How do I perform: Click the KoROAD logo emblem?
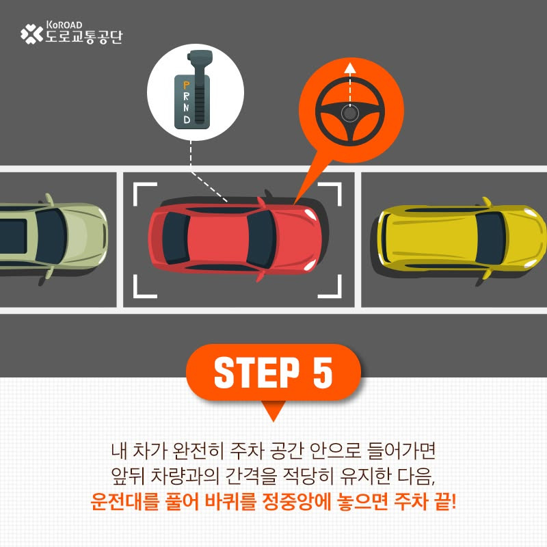(x=31, y=34)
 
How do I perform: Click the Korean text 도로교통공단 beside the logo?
(x=84, y=37)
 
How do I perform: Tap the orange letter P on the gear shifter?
(x=187, y=85)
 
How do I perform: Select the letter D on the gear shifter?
(x=187, y=120)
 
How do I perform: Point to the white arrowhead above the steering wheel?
(x=350, y=68)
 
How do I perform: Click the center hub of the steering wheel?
(x=350, y=114)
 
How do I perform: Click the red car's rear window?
(x=176, y=238)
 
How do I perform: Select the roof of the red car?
(x=218, y=238)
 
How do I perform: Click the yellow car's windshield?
(x=490, y=238)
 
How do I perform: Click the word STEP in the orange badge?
(x=257, y=373)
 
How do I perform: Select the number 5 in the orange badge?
(x=323, y=373)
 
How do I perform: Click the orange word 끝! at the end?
(x=445, y=501)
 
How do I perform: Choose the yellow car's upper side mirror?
(x=486, y=202)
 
